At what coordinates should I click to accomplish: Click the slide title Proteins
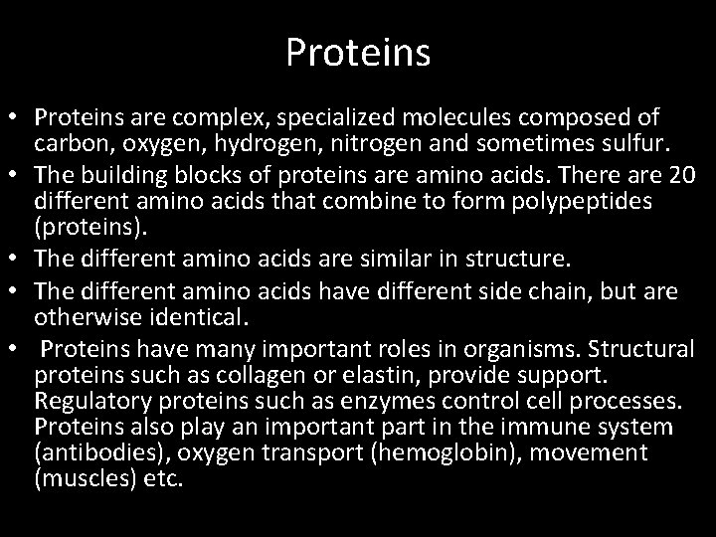(358, 53)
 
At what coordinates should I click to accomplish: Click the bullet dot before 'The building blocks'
(16, 175)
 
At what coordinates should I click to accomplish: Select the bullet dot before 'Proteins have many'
(16, 349)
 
